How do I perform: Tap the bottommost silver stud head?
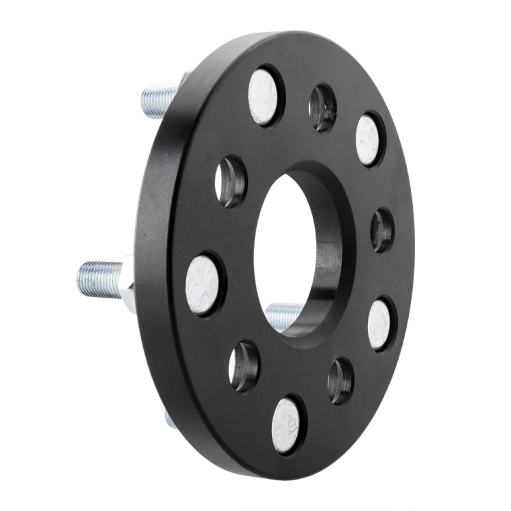(x=286, y=425)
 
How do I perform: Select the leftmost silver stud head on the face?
(x=204, y=284)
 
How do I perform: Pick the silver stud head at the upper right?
(x=368, y=140)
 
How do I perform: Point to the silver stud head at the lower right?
(x=380, y=324)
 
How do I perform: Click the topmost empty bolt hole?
(x=323, y=108)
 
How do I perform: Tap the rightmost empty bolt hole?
(x=382, y=230)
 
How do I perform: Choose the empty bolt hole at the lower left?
(x=244, y=367)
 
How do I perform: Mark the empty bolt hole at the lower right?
(x=341, y=380)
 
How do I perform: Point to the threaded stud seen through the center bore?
(x=283, y=315)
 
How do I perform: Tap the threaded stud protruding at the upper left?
(x=161, y=99)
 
